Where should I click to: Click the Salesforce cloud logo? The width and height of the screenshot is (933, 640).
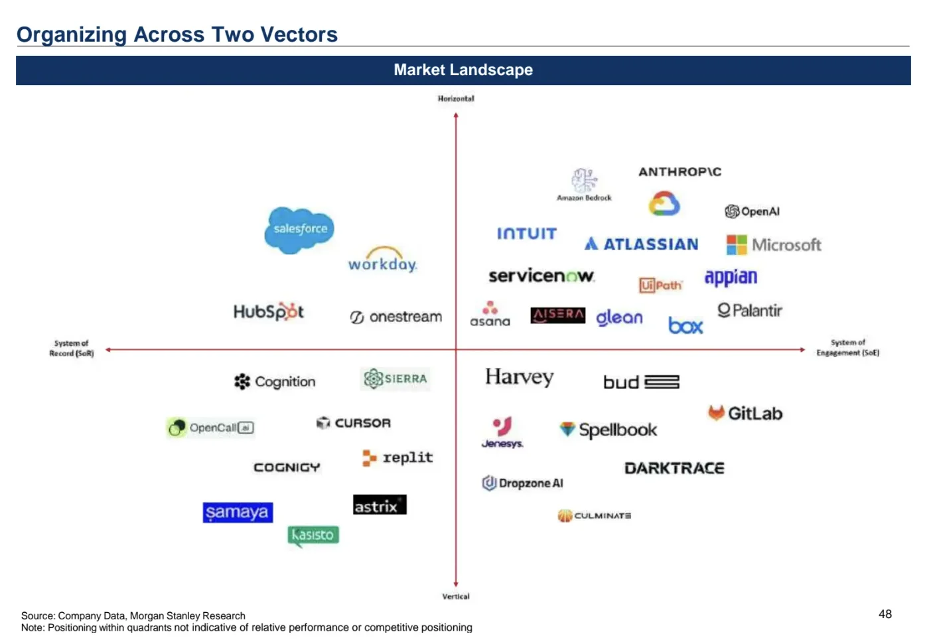[x=299, y=230]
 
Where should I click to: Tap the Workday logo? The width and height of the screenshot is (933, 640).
[x=383, y=261]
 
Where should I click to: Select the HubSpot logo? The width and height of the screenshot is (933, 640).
[x=269, y=311]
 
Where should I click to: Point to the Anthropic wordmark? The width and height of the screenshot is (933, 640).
[x=680, y=172]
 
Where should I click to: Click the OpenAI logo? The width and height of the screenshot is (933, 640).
[x=752, y=211]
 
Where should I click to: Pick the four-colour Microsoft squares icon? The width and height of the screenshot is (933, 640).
[x=736, y=245]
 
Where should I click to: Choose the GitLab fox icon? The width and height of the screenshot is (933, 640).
[x=716, y=413]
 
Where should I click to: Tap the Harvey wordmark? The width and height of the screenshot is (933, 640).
[x=519, y=377]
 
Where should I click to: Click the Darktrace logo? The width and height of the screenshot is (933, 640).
[x=674, y=468]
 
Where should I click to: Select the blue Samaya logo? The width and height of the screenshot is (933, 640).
[x=238, y=513]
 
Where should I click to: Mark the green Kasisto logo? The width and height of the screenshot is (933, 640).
[x=313, y=535]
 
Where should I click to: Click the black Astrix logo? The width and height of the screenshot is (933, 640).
[x=380, y=505]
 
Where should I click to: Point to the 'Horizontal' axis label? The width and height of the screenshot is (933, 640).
[x=456, y=99]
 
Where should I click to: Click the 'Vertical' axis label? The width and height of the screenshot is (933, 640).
[x=456, y=596]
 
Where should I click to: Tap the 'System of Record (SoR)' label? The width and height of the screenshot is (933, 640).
[x=72, y=349]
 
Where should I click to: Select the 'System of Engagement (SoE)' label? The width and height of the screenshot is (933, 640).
[x=847, y=348]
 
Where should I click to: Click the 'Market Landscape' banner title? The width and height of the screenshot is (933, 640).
[x=463, y=70]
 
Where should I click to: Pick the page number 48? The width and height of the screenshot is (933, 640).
[x=885, y=614]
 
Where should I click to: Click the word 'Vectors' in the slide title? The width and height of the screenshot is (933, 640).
[x=299, y=35]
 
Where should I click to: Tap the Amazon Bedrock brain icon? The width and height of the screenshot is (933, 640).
[x=584, y=181]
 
